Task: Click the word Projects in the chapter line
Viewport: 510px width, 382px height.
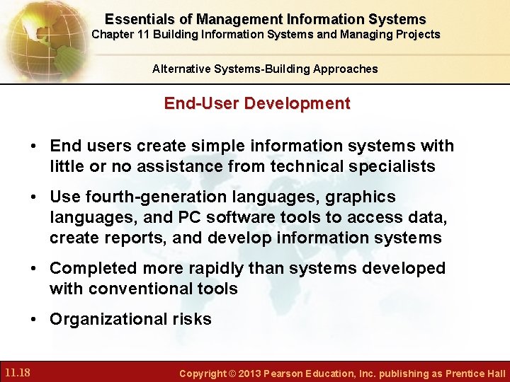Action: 417,34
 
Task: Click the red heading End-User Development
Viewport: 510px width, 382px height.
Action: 256,103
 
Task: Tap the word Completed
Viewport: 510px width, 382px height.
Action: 93,268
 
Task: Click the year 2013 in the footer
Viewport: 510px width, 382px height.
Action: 248,373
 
